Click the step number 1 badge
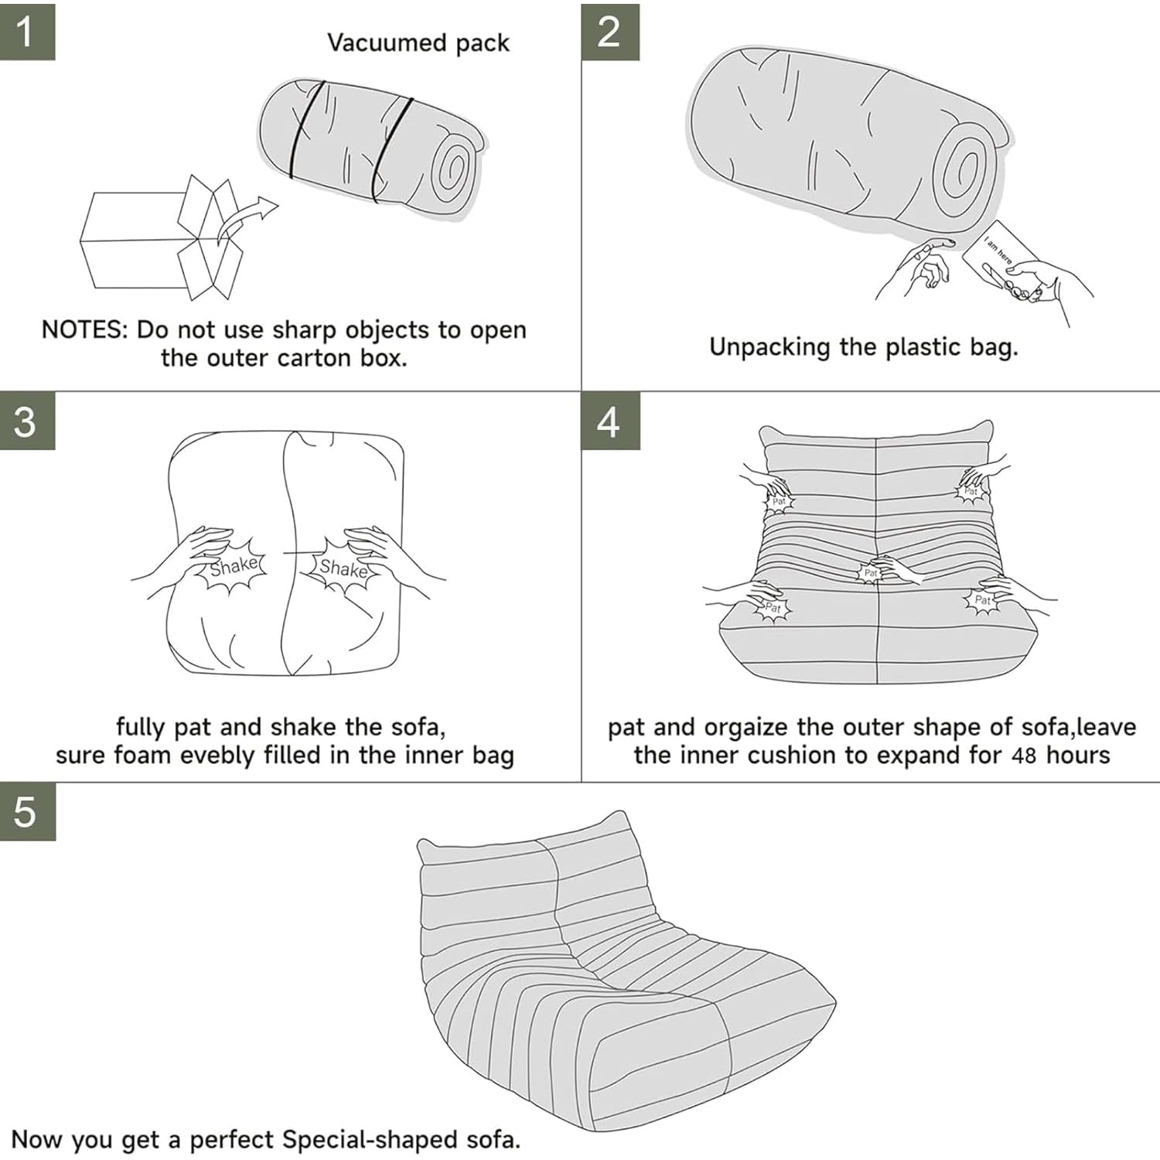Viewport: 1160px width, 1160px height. (27, 30)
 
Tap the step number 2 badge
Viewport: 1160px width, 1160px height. (610, 31)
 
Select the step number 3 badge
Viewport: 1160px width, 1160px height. (27, 421)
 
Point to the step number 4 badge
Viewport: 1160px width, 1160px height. (610, 421)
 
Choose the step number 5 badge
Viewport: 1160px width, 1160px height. (27, 812)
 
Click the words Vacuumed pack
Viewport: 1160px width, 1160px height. (418, 43)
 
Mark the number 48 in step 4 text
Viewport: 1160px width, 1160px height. (1024, 756)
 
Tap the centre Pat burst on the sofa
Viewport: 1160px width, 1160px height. (871, 573)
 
